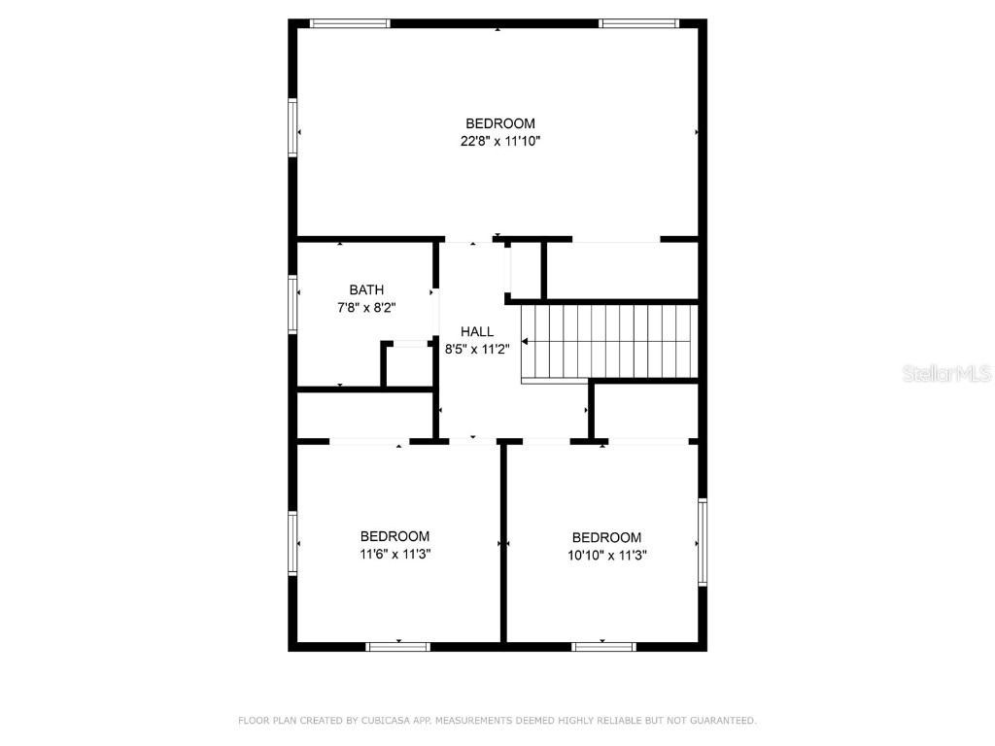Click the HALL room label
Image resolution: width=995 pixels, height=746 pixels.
[x=477, y=331]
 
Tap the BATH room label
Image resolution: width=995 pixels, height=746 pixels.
[x=366, y=289]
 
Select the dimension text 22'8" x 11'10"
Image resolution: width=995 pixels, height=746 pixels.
[x=500, y=141]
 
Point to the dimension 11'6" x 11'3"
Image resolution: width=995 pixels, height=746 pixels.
[x=395, y=554]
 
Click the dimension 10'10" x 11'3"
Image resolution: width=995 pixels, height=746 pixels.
[x=606, y=555]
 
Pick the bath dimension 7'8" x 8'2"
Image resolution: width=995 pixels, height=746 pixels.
[x=366, y=307]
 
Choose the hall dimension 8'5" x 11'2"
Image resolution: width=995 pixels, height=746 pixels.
[x=477, y=349]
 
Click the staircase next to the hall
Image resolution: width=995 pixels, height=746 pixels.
[x=610, y=342]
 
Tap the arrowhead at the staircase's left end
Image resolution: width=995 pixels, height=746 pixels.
[x=526, y=342]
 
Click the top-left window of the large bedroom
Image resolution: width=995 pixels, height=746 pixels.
[x=350, y=23]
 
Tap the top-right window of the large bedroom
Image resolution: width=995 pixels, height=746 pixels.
[x=637, y=23]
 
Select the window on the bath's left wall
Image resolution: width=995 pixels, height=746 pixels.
[x=292, y=305]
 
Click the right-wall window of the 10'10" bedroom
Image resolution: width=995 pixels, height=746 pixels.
[x=703, y=542]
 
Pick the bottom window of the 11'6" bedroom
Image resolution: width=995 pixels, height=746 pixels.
[x=398, y=646]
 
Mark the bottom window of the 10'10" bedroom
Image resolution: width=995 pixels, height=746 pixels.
[x=603, y=646]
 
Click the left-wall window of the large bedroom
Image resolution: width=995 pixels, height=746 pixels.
[x=292, y=127]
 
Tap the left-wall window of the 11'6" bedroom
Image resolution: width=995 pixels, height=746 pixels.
[x=292, y=544]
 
